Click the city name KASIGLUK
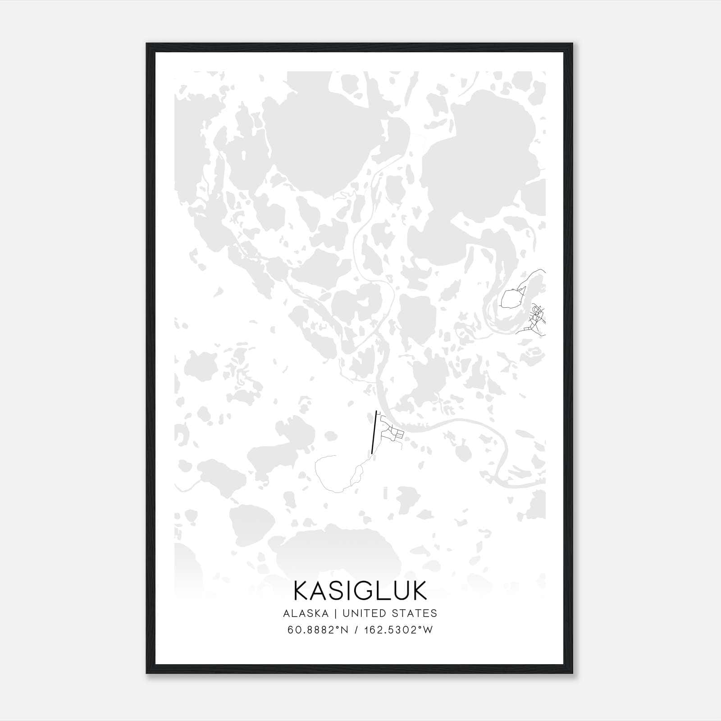(x=360, y=591)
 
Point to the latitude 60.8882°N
(x=316, y=630)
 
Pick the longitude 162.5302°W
(x=397, y=630)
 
